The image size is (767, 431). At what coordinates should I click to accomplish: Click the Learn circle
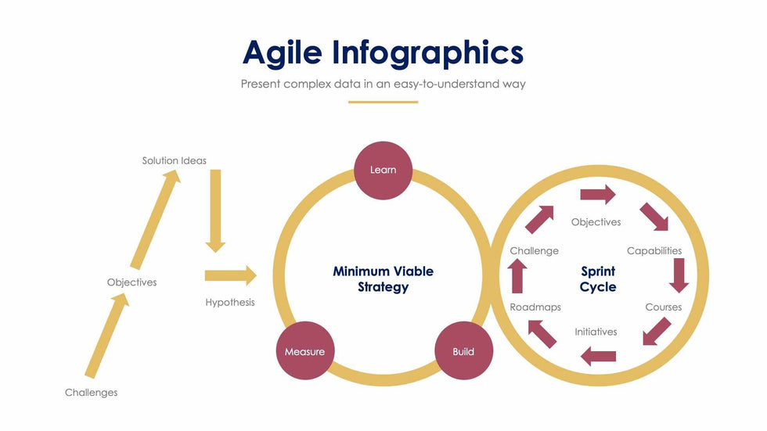pyautogui.click(x=383, y=171)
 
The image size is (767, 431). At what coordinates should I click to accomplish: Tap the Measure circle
pyautogui.click(x=304, y=351)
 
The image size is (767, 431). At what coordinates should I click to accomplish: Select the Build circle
pyautogui.click(x=463, y=351)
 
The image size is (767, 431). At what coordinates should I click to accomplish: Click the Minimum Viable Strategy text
pyautogui.click(x=383, y=279)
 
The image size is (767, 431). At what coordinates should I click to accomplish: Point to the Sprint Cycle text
pyautogui.click(x=598, y=279)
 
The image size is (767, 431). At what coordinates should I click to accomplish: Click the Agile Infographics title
pyautogui.click(x=383, y=52)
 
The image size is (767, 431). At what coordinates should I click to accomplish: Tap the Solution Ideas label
pyautogui.click(x=175, y=160)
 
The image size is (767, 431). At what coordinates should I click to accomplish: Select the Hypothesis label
pyautogui.click(x=230, y=302)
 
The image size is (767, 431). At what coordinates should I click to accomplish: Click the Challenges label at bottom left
pyautogui.click(x=92, y=393)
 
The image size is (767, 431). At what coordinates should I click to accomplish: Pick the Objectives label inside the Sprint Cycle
pyautogui.click(x=596, y=222)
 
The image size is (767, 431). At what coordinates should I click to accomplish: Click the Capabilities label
pyautogui.click(x=654, y=251)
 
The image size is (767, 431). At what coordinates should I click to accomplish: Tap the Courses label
pyautogui.click(x=663, y=307)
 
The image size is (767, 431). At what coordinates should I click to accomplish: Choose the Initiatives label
pyautogui.click(x=596, y=332)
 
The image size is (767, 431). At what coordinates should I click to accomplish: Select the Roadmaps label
pyautogui.click(x=535, y=307)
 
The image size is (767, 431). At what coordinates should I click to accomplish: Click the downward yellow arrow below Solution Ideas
pyautogui.click(x=215, y=210)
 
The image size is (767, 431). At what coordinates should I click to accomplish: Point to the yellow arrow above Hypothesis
pyautogui.click(x=230, y=275)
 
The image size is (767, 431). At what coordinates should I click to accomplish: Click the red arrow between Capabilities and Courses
pyautogui.click(x=679, y=275)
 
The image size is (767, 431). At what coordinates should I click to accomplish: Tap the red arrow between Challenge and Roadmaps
pyautogui.click(x=517, y=275)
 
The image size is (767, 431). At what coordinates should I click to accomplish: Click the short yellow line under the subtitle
pyautogui.click(x=383, y=102)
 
